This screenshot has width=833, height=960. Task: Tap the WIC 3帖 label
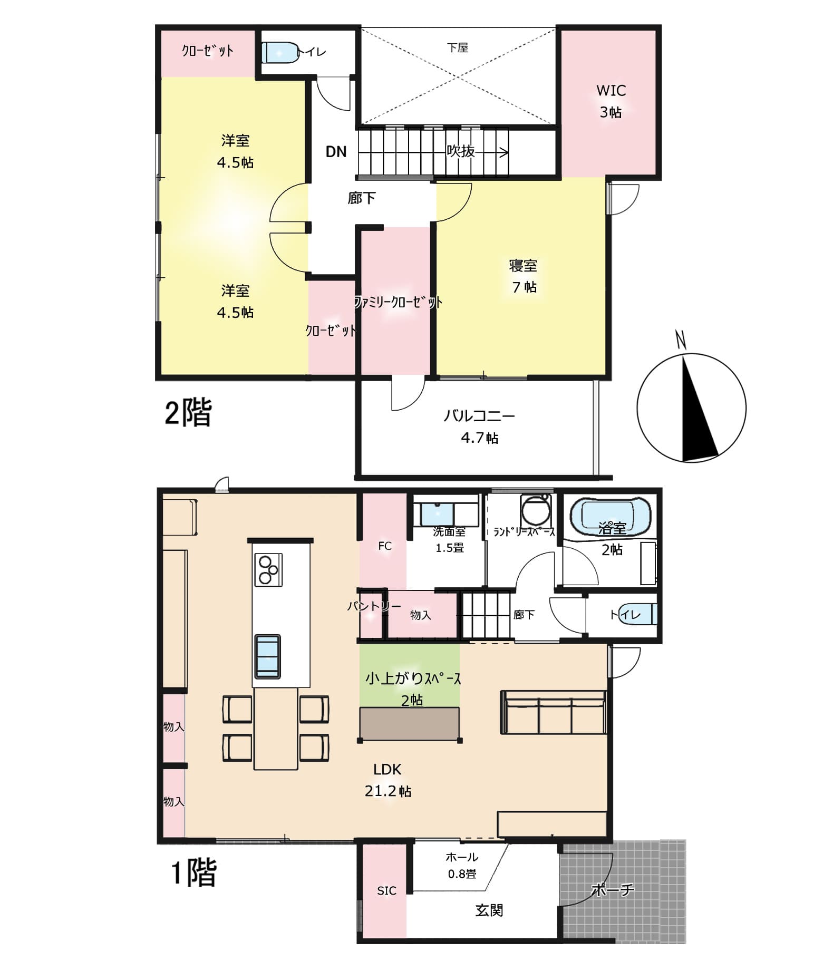[611, 101]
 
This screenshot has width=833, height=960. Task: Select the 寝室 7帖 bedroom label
[523, 276]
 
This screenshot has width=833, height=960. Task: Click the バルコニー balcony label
[479, 416]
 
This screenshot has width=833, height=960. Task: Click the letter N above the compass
[681, 340]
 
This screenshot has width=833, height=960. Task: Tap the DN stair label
[336, 152]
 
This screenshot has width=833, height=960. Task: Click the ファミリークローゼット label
[398, 302]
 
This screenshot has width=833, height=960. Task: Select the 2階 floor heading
[188, 412]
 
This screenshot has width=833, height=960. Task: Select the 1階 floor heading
[193, 873]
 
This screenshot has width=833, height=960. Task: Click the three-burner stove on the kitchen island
[268, 570]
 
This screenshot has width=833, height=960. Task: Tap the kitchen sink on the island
[268, 656]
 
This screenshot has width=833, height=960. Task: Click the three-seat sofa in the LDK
[553, 712]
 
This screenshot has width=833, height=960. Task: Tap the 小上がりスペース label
[413, 678]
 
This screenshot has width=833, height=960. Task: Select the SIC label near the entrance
[386, 890]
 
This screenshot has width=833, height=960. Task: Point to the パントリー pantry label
[374, 606]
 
